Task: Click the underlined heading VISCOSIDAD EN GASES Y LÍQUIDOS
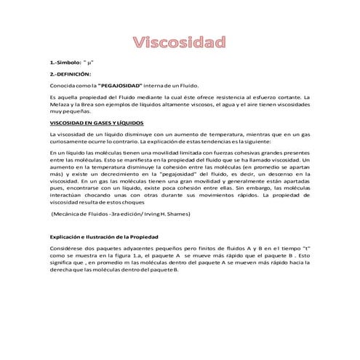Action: tap(95, 124)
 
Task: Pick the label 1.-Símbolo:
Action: tap(64, 64)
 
